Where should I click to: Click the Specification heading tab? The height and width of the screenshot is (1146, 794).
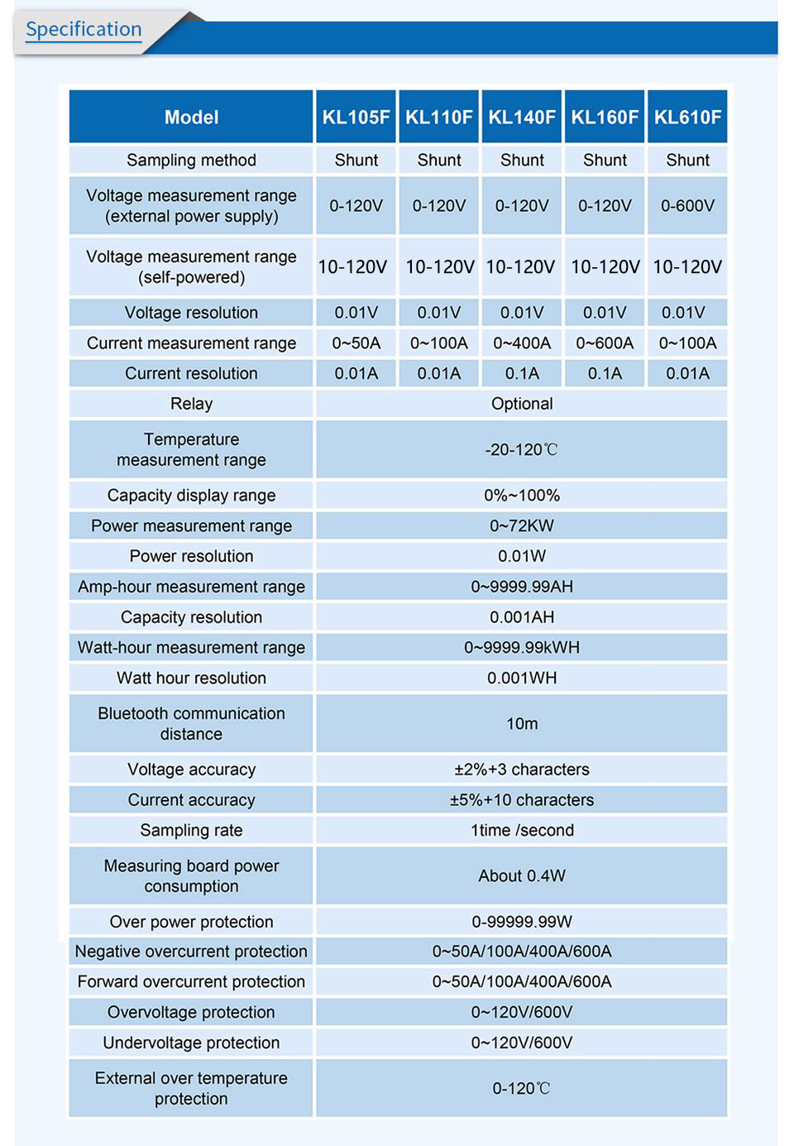coord(84,30)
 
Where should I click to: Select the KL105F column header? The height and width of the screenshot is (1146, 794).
coord(356,117)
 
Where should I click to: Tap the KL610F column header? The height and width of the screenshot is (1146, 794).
coord(687,117)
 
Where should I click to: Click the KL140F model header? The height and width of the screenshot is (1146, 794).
coord(522,117)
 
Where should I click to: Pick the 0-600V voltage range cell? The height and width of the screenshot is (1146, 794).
coord(687,205)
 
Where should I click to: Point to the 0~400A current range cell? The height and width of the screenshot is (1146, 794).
coord(522,343)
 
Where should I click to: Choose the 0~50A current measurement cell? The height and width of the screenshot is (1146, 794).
coord(356,343)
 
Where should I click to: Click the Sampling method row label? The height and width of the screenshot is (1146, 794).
coord(191,160)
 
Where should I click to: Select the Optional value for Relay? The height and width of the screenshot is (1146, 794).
coord(522,404)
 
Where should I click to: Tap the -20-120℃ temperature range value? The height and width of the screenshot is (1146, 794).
coord(522,449)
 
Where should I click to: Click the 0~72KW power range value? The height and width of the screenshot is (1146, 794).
coord(522,525)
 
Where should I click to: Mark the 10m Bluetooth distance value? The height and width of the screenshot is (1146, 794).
coord(522,723)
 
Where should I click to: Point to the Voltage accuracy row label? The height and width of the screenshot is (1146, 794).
coord(191,770)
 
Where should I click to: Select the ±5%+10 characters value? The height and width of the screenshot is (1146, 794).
coord(522,800)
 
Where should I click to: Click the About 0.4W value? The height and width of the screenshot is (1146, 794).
coord(522,875)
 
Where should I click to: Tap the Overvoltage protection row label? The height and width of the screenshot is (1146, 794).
coord(191,1012)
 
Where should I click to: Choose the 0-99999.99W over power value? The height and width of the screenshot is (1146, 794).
coord(522,922)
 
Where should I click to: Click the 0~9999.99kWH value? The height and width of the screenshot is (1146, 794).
coord(522,647)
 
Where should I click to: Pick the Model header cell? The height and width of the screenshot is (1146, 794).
coord(191,117)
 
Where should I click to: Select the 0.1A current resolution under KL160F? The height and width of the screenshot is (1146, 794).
coord(605,373)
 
